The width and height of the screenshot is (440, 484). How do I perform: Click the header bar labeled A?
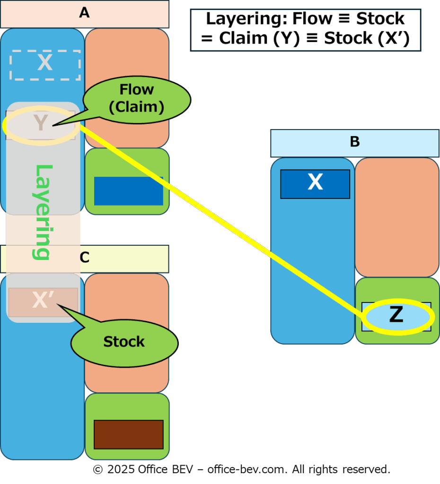pyautogui.click(x=85, y=14)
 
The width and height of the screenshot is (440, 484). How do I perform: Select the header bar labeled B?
pyautogui.click(x=355, y=143)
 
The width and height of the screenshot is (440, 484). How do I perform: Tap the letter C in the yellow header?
pyautogui.click(x=85, y=257)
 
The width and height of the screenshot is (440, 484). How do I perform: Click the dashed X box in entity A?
pyautogui.click(x=45, y=65)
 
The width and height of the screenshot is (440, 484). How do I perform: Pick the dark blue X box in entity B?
pyautogui.click(x=315, y=184)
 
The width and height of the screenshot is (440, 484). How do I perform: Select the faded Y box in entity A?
pyautogui.click(x=41, y=125)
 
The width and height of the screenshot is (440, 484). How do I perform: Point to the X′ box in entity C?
pyautogui.click(x=43, y=302)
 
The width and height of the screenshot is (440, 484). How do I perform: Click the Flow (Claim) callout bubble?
pyautogui.click(x=137, y=99)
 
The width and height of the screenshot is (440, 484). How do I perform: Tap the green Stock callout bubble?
pyautogui.click(x=124, y=343)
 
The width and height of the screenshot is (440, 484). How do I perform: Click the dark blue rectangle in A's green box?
pyautogui.click(x=129, y=191)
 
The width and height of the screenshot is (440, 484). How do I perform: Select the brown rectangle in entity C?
pyautogui.click(x=129, y=434)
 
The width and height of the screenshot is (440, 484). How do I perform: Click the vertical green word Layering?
pyautogui.click(x=42, y=212)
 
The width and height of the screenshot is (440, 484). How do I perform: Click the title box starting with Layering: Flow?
pyautogui.click(x=306, y=30)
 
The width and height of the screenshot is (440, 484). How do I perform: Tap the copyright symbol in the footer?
pyautogui.click(x=98, y=469)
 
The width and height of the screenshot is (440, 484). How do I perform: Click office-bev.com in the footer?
pyautogui.click(x=247, y=469)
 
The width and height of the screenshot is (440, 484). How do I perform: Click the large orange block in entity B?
pyautogui.click(x=397, y=217)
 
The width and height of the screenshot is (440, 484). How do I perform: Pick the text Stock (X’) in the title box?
pyautogui.click(x=367, y=38)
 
